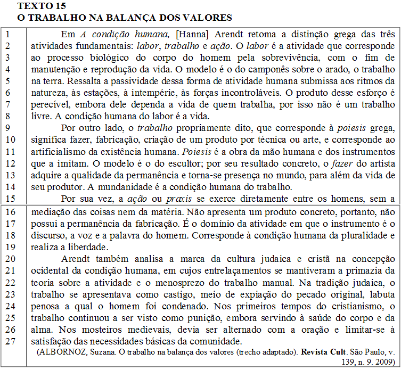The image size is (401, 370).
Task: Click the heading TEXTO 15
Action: pyautogui.click(x=42, y=6)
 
